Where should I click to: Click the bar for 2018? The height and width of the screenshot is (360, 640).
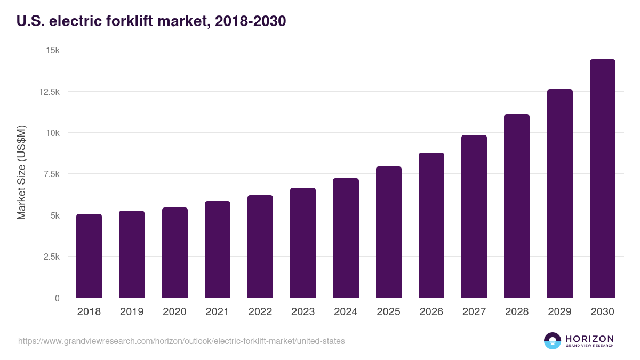[x=89, y=256]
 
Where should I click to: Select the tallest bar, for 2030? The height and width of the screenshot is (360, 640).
[x=602, y=179]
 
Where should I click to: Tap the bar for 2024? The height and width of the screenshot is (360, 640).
[x=346, y=238]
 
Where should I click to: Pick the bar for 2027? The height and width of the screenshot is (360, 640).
[x=474, y=217]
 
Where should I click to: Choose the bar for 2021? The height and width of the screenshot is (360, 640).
[x=217, y=250]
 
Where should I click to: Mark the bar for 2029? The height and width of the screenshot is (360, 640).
[x=559, y=194]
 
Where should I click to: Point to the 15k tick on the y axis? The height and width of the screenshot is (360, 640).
[x=52, y=50]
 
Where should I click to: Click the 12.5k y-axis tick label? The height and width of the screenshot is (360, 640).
[x=49, y=92]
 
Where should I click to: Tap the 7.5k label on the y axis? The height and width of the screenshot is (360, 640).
[x=51, y=174]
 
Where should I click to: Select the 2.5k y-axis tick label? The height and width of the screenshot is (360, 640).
[x=51, y=257]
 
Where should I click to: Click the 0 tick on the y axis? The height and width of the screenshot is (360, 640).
[x=57, y=298]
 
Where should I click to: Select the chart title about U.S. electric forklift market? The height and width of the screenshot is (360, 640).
[x=151, y=21]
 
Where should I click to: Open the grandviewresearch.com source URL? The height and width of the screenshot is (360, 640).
[x=181, y=341]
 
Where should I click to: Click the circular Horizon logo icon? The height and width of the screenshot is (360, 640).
[x=553, y=341]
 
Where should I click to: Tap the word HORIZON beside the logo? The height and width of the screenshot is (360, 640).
[x=589, y=339]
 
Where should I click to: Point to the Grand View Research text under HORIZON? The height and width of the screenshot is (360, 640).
[x=589, y=346]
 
